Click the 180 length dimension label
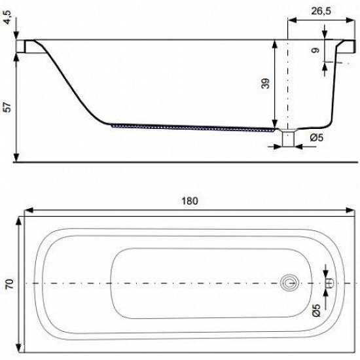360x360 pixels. (x=189, y=201)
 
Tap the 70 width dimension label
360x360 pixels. (x=9, y=284)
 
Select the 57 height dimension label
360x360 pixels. (x=8, y=107)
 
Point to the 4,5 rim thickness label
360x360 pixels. (x=7, y=17)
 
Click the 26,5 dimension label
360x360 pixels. (x=321, y=10)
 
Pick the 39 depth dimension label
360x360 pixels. (x=265, y=84)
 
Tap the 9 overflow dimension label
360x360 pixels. (x=315, y=50)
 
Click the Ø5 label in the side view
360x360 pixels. (x=317, y=137)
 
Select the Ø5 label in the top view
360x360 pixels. (x=316, y=310)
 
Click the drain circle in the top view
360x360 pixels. (x=290, y=283)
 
